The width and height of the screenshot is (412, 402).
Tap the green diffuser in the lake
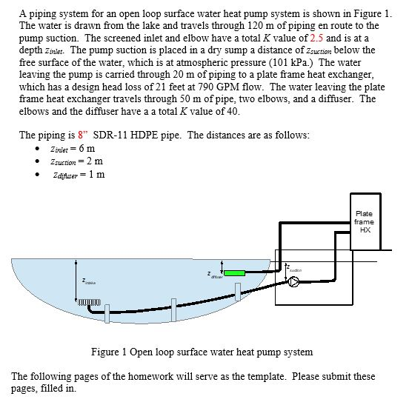[234, 273]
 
